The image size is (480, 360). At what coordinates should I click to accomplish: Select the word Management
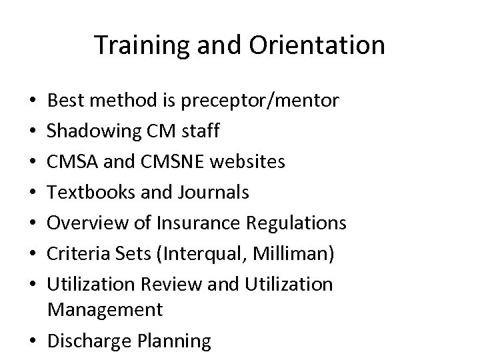coord(105,309)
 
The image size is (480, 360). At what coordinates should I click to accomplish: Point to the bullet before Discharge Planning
coord(33,341)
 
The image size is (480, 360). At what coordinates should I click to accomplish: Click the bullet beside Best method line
coord(33,101)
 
